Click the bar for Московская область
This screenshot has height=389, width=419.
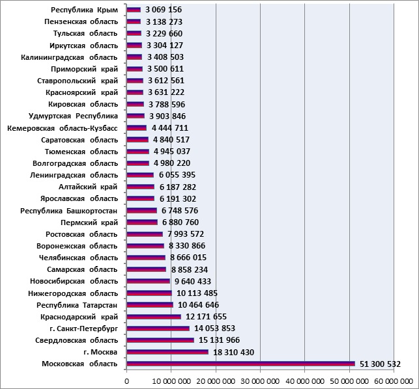click(240, 364)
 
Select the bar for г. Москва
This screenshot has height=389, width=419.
click(167, 352)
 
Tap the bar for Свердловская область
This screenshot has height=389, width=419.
click(160, 340)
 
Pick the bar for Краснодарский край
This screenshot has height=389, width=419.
click(154, 317)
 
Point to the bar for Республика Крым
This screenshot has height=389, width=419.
click(134, 10)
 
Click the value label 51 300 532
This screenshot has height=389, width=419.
click(380, 364)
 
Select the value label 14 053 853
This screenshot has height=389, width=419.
click(214, 328)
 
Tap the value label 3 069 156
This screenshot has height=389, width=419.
click(164, 10)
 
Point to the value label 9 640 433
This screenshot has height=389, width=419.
click(193, 281)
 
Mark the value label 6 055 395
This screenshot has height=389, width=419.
click(177, 175)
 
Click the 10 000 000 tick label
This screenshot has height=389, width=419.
click(171, 382)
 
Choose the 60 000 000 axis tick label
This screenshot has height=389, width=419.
click(394, 382)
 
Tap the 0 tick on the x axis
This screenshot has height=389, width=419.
click(126, 382)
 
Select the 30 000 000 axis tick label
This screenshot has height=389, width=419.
click(260, 382)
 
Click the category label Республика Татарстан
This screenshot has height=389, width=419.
click(77, 305)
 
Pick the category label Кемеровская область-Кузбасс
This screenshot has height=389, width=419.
click(63, 128)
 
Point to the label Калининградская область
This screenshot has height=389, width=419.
click(69, 57)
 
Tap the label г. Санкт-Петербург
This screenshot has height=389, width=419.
click(83, 329)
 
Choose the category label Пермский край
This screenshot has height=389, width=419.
click(89, 222)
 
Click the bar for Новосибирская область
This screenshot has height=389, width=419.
click(149, 281)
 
